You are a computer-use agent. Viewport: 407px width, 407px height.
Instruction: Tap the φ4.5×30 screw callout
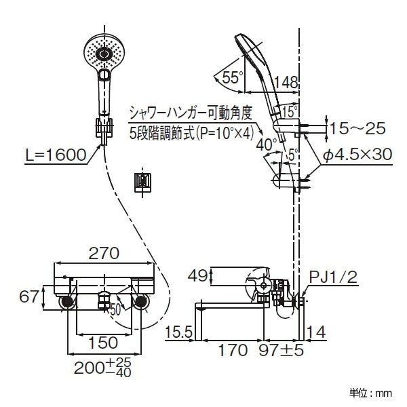pos(357,155)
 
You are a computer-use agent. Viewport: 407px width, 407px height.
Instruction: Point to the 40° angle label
pos(265,144)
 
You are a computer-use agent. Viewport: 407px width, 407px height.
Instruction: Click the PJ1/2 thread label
pos(334,276)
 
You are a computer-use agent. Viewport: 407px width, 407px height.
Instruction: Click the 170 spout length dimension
pos(234,351)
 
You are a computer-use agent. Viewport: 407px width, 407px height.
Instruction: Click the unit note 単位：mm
pos(371,392)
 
